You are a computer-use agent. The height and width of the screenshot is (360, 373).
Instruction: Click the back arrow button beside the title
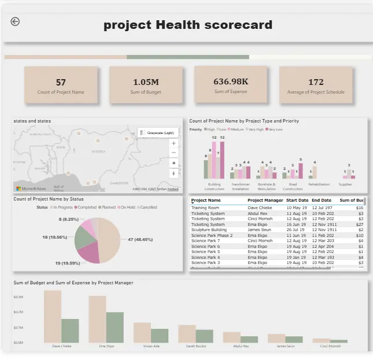pyautogui.click(x=15, y=21)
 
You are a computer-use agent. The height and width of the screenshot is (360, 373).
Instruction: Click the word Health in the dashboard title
pyautogui.click(x=179, y=25)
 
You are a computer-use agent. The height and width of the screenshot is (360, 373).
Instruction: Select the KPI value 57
pyautogui.click(x=61, y=83)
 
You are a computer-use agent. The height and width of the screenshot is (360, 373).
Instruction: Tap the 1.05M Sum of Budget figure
pyautogui.click(x=146, y=83)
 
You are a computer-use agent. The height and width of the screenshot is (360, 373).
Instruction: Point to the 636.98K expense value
pyautogui.click(x=230, y=81)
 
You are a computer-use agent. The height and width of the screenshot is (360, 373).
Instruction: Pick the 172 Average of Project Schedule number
pyautogui.click(x=316, y=83)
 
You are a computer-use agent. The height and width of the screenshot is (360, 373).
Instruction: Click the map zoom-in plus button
pyautogui.click(x=173, y=153)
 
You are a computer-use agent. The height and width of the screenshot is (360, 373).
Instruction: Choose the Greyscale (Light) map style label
pyautogui.click(x=160, y=133)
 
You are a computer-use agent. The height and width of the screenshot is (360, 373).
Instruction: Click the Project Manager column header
pyautogui.click(x=265, y=201)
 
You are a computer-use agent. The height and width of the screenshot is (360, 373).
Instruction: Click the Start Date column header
pyautogui.click(x=297, y=201)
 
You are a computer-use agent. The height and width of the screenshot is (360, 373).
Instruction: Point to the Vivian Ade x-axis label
pyautogui.click(x=151, y=347)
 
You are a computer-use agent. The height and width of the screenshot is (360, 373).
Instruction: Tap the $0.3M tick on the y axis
pyautogui.click(x=19, y=296)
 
